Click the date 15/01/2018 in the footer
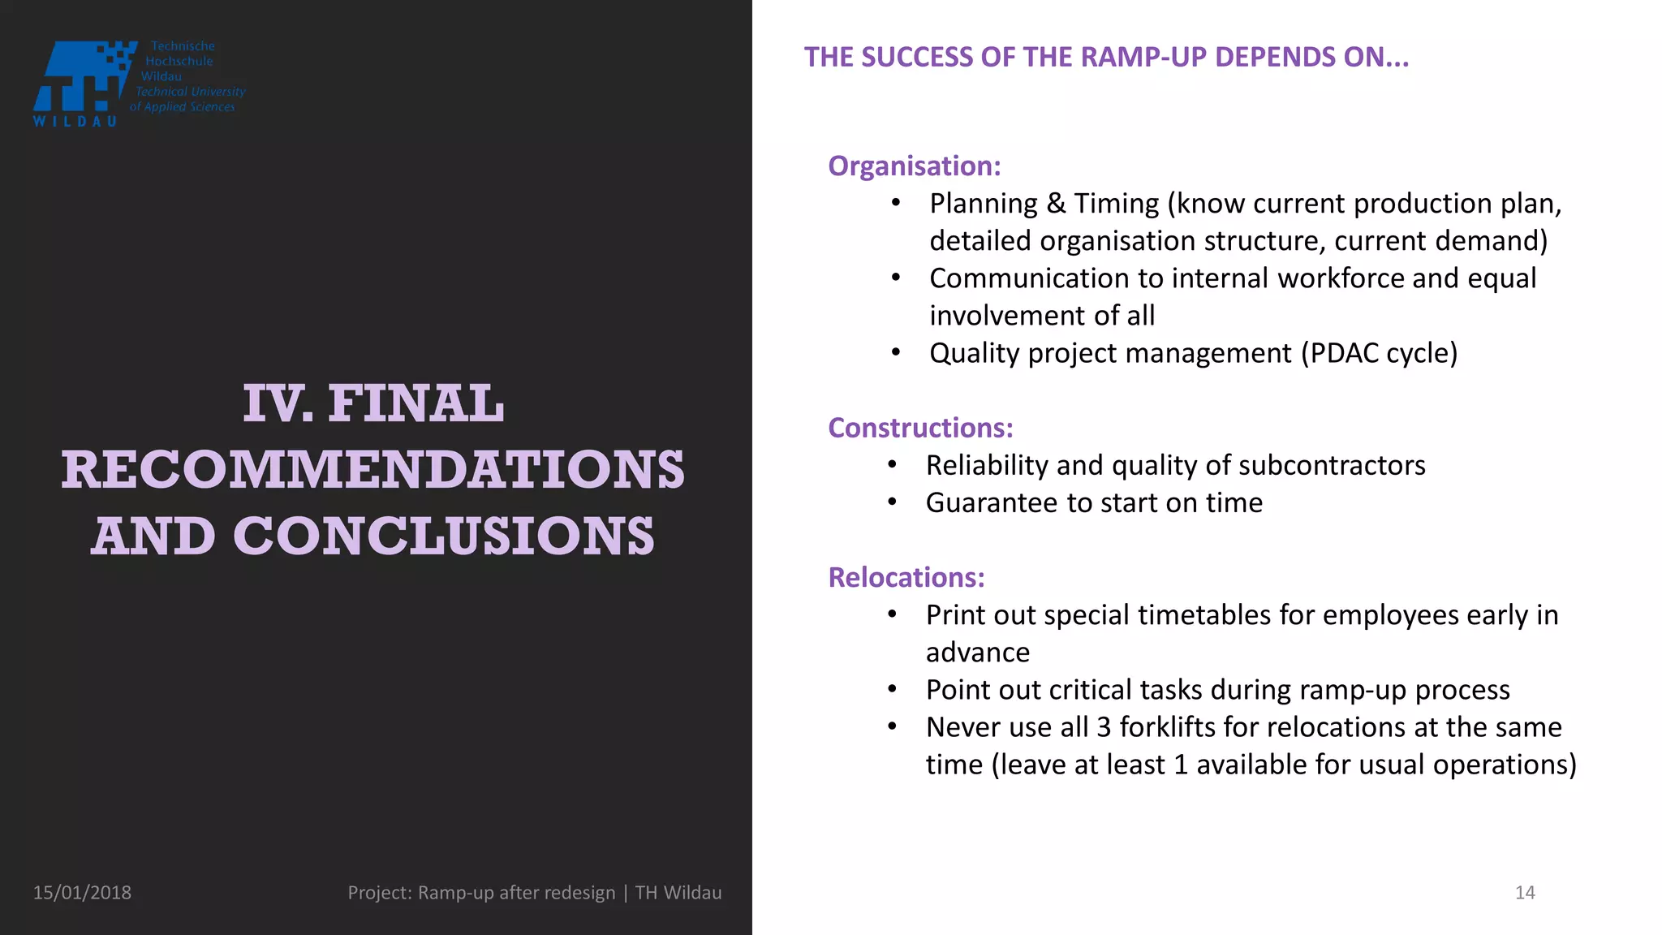pyautogui.click(x=82, y=893)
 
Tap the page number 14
pyautogui.click(x=1525, y=893)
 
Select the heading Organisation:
pyautogui.click(x=914, y=166)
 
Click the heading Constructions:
pyautogui.click(x=920, y=429)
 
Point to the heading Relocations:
pyautogui.click(x=906, y=578)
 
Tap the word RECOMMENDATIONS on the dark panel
pyautogui.click(x=372, y=470)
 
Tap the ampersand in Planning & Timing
pyautogui.click(x=1056, y=204)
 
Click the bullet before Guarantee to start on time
pyautogui.click(x=892, y=503)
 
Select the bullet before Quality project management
pyautogui.click(x=896, y=353)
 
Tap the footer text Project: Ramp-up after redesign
pyautogui.click(x=481, y=893)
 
